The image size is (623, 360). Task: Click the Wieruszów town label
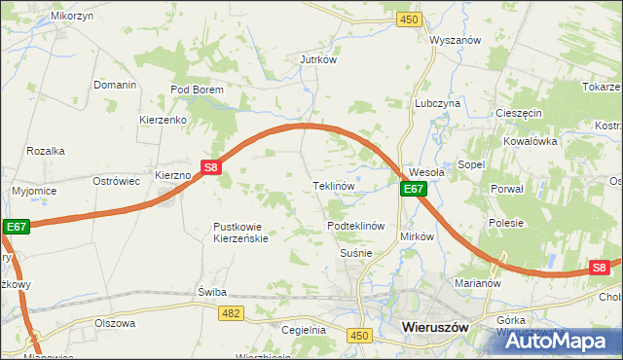coord(434,329)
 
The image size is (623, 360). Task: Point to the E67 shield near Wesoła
coord(413,189)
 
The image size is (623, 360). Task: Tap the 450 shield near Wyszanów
coord(410,19)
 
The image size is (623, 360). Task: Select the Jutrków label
coord(317,58)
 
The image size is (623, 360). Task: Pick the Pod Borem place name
coord(197,90)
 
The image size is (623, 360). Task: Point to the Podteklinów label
coord(357,226)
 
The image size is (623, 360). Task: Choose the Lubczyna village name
coord(437,102)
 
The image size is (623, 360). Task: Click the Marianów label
coord(477,284)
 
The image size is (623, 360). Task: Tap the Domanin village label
coord(115,85)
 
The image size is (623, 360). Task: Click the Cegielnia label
coord(303,330)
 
